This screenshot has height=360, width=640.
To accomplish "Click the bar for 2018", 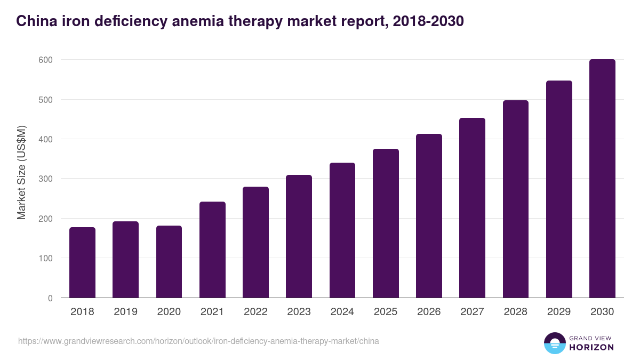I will pos(82,262).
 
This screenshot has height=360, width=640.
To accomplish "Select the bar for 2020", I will pos(169,262).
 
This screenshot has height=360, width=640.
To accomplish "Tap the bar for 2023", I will pos(299,236).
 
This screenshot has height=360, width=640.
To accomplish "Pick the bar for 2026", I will pos(429,216).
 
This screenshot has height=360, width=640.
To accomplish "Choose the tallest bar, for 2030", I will pos(602,179).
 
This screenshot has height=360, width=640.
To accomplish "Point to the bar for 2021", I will pos(212,250).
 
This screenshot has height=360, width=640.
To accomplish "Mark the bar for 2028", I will pos(516,199).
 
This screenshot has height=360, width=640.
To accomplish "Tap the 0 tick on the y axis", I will pos(50,298).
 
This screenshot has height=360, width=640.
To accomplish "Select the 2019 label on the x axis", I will pos(125,312).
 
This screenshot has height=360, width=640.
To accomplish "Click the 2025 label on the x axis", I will pos(386,312).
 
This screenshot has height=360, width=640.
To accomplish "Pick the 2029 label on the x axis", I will pos(559,312).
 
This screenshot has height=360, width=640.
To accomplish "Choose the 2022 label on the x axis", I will pos(255,312).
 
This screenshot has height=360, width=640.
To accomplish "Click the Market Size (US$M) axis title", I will pos(21,172).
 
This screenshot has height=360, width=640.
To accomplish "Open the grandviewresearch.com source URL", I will pos(198,341).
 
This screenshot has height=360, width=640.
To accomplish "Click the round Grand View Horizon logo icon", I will pos(554,343).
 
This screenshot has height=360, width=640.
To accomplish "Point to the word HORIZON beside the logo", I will pos(591,347).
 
